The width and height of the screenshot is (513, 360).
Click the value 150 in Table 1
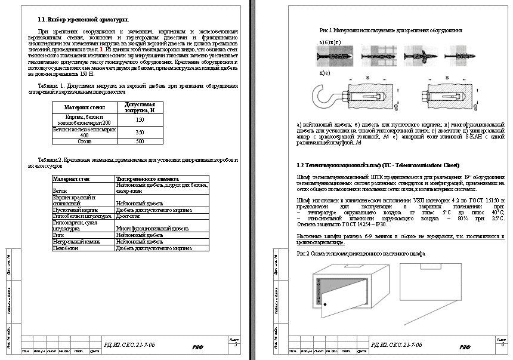[140, 119]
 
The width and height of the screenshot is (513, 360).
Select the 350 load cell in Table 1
[140, 131]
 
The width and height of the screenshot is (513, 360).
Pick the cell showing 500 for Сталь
[140, 141]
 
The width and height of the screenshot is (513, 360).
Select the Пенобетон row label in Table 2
[65, 247]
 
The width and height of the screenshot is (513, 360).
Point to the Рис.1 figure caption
[391, 30]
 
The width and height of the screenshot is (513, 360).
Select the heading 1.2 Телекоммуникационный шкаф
[369, 164]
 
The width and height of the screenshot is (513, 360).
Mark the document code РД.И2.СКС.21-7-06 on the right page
[396, 345]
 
